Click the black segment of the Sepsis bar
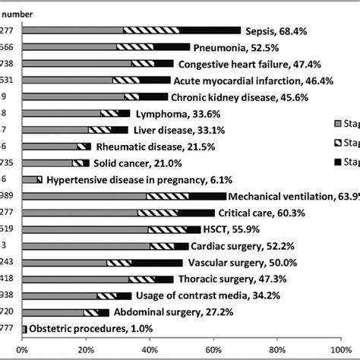click(210, 30)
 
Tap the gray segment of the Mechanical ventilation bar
click(84, 196)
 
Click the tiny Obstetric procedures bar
click(24, 328)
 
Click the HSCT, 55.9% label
click(242, 229)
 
